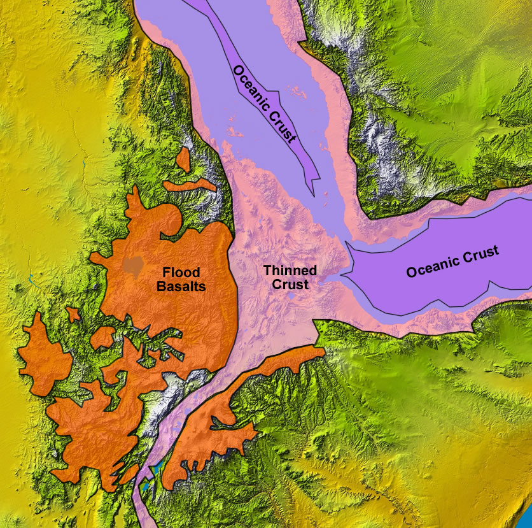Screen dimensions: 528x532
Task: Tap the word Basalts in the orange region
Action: [181, 287]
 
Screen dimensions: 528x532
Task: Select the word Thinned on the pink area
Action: [290, 271]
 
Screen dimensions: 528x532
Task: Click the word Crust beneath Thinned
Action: [290, 284]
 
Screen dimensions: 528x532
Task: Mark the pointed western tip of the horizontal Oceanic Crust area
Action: [344, 275]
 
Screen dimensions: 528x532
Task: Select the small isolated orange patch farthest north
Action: [184, 159]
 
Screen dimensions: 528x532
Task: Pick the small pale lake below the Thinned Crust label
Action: [291, 296]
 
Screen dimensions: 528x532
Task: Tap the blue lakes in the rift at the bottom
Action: [155, 473]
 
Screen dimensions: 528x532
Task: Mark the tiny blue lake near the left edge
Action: [30, 278]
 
